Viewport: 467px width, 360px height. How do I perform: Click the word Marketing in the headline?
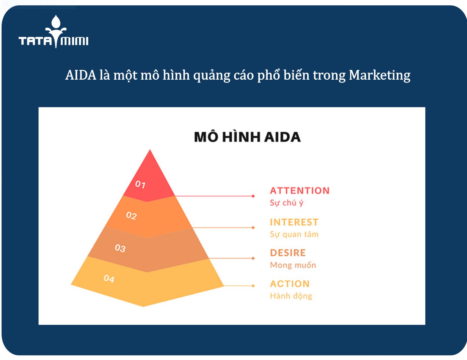380,75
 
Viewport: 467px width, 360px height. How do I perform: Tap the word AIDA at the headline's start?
81,75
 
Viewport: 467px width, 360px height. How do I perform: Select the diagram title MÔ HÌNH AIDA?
247,137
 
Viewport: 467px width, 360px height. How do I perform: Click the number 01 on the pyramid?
140,184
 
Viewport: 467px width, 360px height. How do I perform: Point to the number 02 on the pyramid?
131,215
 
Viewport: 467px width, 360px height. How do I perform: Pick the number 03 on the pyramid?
120,248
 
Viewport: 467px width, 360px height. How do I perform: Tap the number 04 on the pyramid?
109,278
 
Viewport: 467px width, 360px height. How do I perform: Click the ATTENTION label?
300,191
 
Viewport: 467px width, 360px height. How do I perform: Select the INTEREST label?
294,222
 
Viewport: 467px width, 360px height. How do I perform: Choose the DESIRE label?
288,253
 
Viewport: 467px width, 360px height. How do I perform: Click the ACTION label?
290,284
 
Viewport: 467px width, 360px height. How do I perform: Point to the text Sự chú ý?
286,203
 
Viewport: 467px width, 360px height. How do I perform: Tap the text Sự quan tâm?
294,234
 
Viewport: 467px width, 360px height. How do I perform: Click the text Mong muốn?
293,265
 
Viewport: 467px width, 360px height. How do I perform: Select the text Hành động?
291,296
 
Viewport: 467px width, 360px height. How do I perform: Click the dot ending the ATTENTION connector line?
253,196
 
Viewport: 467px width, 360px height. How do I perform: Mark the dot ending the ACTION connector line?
253,286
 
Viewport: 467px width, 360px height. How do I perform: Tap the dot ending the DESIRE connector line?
253,258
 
